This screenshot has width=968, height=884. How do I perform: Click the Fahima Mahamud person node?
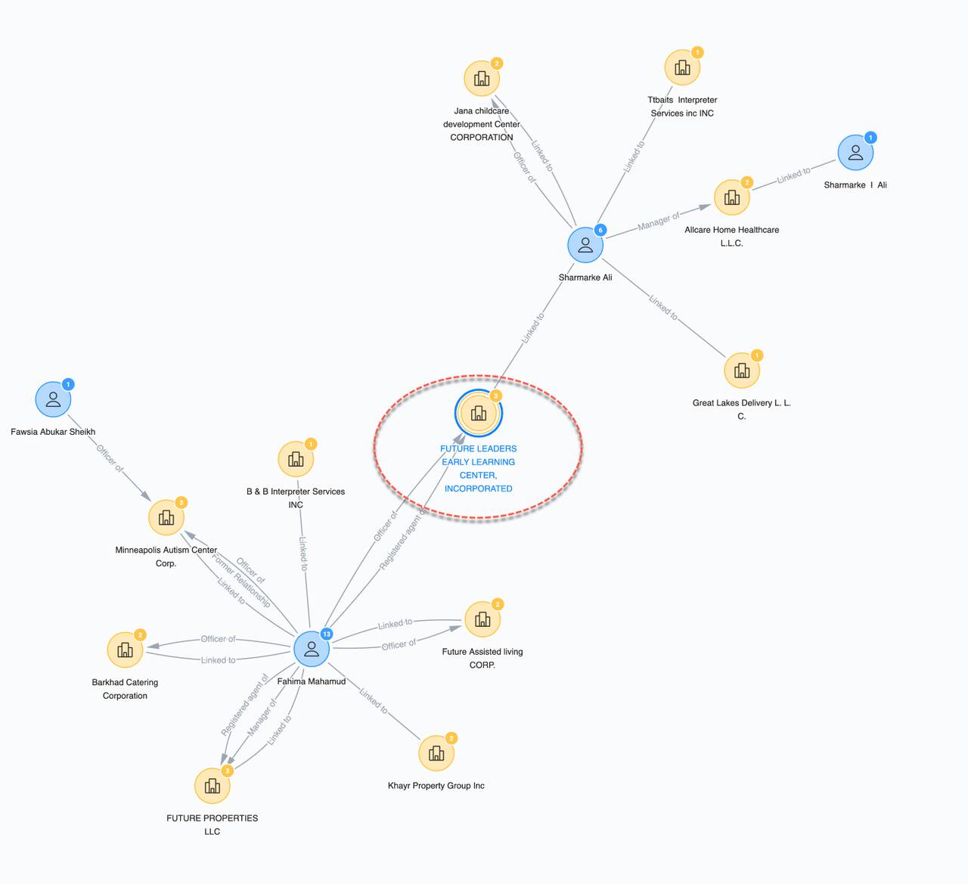tap(311, 649)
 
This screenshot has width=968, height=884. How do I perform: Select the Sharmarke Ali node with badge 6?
tap(585, 245)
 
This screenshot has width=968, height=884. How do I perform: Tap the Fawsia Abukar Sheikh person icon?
tap(53, 399)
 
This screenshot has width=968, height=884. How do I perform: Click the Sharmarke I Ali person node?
tap(855, 153)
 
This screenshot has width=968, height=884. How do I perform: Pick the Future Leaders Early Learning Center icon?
tap(479, 414)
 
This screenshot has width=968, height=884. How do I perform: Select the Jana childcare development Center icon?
tap(482, 79)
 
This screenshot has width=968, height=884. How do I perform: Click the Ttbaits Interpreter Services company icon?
tap(682, 68)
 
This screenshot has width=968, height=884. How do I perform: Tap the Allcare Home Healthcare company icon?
tap(731, 197)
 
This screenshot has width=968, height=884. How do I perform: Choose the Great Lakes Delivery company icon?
tap(741, 371)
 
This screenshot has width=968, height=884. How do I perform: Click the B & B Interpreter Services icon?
tap(296, 459)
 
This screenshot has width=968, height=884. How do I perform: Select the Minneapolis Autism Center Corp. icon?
tap(166, 517)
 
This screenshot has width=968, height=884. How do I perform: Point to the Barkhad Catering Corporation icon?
tap(125, 650)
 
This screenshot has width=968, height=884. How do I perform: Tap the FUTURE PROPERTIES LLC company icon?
tap(212, 786)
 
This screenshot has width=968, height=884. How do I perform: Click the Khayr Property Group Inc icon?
tap(436, 753)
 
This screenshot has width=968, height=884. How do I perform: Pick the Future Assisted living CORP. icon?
tap(482, 619)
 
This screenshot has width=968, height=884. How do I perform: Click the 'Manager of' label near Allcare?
tap(658, 221)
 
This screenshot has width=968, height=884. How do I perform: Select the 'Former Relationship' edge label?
tap(240, 581)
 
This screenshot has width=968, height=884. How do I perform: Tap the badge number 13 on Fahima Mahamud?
tap(327, 634)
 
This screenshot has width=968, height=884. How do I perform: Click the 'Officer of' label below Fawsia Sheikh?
tap(109, 458)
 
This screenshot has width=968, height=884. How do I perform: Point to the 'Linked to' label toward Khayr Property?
tap(374, 701)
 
